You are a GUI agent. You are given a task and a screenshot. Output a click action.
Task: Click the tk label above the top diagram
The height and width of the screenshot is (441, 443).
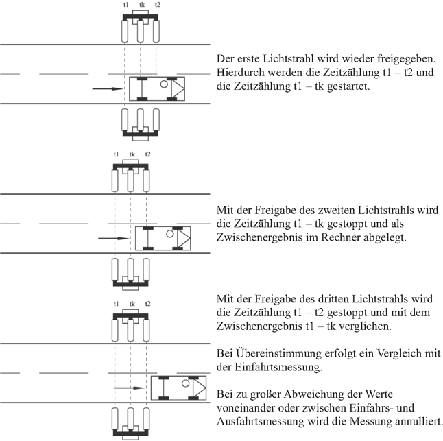click(x=141, y=5)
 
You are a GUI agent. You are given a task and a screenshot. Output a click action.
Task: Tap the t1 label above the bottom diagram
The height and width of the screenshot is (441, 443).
click(x=116, y=303)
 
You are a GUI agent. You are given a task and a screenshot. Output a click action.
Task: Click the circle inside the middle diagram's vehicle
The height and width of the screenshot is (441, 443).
click(x=168, y=233)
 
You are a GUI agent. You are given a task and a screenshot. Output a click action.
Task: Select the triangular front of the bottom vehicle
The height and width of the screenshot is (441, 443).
click(x=198, y=388)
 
